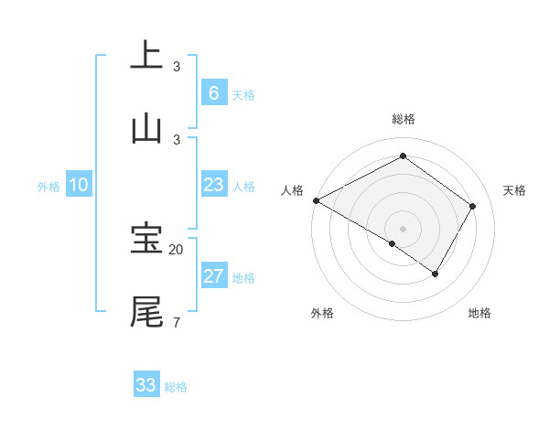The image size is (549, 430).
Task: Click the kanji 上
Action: [146, 55]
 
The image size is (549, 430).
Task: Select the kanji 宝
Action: [146, 239]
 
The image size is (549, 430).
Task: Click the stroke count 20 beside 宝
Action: [177, 249]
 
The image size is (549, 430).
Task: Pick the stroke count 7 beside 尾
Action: [176, 321]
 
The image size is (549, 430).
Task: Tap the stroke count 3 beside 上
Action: [177, 66]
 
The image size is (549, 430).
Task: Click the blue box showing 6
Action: [213, 92]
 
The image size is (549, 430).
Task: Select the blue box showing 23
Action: [213, 185]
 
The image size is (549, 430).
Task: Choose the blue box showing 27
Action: [213, 276]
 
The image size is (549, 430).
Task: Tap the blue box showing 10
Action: [79, 185]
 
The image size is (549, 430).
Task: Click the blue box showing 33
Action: [146, 385]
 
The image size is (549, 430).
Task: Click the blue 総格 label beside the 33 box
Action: [176, 387]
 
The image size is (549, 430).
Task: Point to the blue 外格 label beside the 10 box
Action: [48, 187]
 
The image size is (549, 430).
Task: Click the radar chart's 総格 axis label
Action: [403, 119]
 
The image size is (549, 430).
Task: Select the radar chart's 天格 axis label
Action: [515, 190]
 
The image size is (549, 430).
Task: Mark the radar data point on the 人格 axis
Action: [316, 200]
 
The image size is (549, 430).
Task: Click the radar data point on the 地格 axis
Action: [436, 274]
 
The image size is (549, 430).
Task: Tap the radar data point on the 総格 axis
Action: [403, 156]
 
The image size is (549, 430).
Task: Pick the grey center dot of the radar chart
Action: [403, 227]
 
